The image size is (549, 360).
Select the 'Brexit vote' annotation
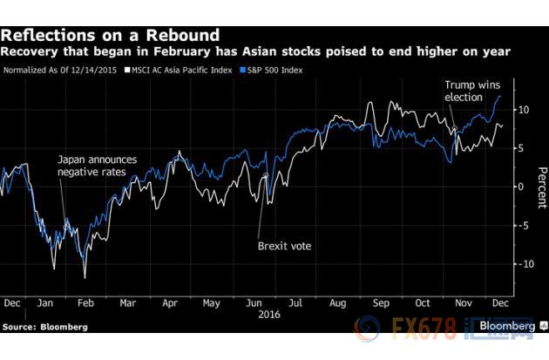click(x=284, y=246)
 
